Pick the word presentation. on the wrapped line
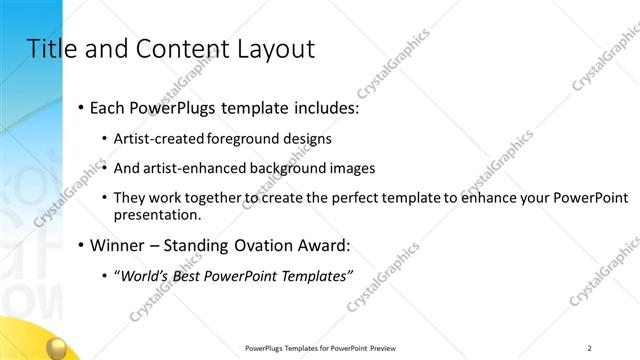(x=157, y=214)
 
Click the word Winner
(x=116, y=245)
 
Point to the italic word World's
(x=142, y=276)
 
